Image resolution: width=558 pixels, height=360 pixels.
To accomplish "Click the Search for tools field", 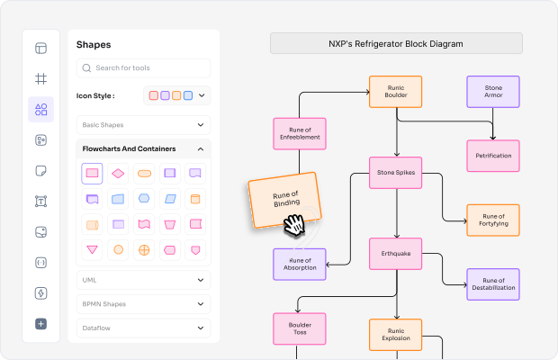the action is click(143, 67).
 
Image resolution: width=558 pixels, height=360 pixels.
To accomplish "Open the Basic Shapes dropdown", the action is click(143, 125).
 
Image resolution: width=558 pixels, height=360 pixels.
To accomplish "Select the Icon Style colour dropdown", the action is click(177, 95).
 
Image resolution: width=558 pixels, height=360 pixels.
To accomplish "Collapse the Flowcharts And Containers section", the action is click(201, 148).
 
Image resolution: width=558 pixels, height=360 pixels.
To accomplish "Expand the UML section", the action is click(143, 280).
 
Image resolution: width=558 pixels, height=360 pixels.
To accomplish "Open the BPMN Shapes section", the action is click(143, 304).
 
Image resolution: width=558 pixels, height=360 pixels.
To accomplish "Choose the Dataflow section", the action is click(143, 328).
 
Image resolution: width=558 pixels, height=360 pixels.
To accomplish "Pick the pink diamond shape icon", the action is click(118, 174).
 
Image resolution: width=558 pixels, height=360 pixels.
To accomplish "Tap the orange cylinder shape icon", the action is click(195, 199).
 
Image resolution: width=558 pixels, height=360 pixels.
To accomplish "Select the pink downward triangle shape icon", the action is click(92, 249).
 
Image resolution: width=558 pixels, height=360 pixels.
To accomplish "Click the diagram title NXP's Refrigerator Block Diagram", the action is click(396, 43).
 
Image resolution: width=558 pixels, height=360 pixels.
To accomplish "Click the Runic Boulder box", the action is click(396, 92).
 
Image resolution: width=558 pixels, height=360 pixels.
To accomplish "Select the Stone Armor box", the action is click(493, 92).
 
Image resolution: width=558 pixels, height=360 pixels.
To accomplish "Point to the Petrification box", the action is click(493, 156).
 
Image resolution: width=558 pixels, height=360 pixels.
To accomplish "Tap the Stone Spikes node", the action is click(396, 173).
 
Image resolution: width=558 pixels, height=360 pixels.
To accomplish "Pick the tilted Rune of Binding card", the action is click(284, 200).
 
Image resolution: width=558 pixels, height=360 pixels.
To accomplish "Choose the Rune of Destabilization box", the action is click(493, 284).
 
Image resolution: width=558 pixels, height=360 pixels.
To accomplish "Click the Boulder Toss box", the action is click(300, 328).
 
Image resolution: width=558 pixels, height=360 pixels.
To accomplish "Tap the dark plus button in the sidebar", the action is click(40, 324).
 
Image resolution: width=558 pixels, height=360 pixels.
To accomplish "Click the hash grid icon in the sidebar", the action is click(40, 78).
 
